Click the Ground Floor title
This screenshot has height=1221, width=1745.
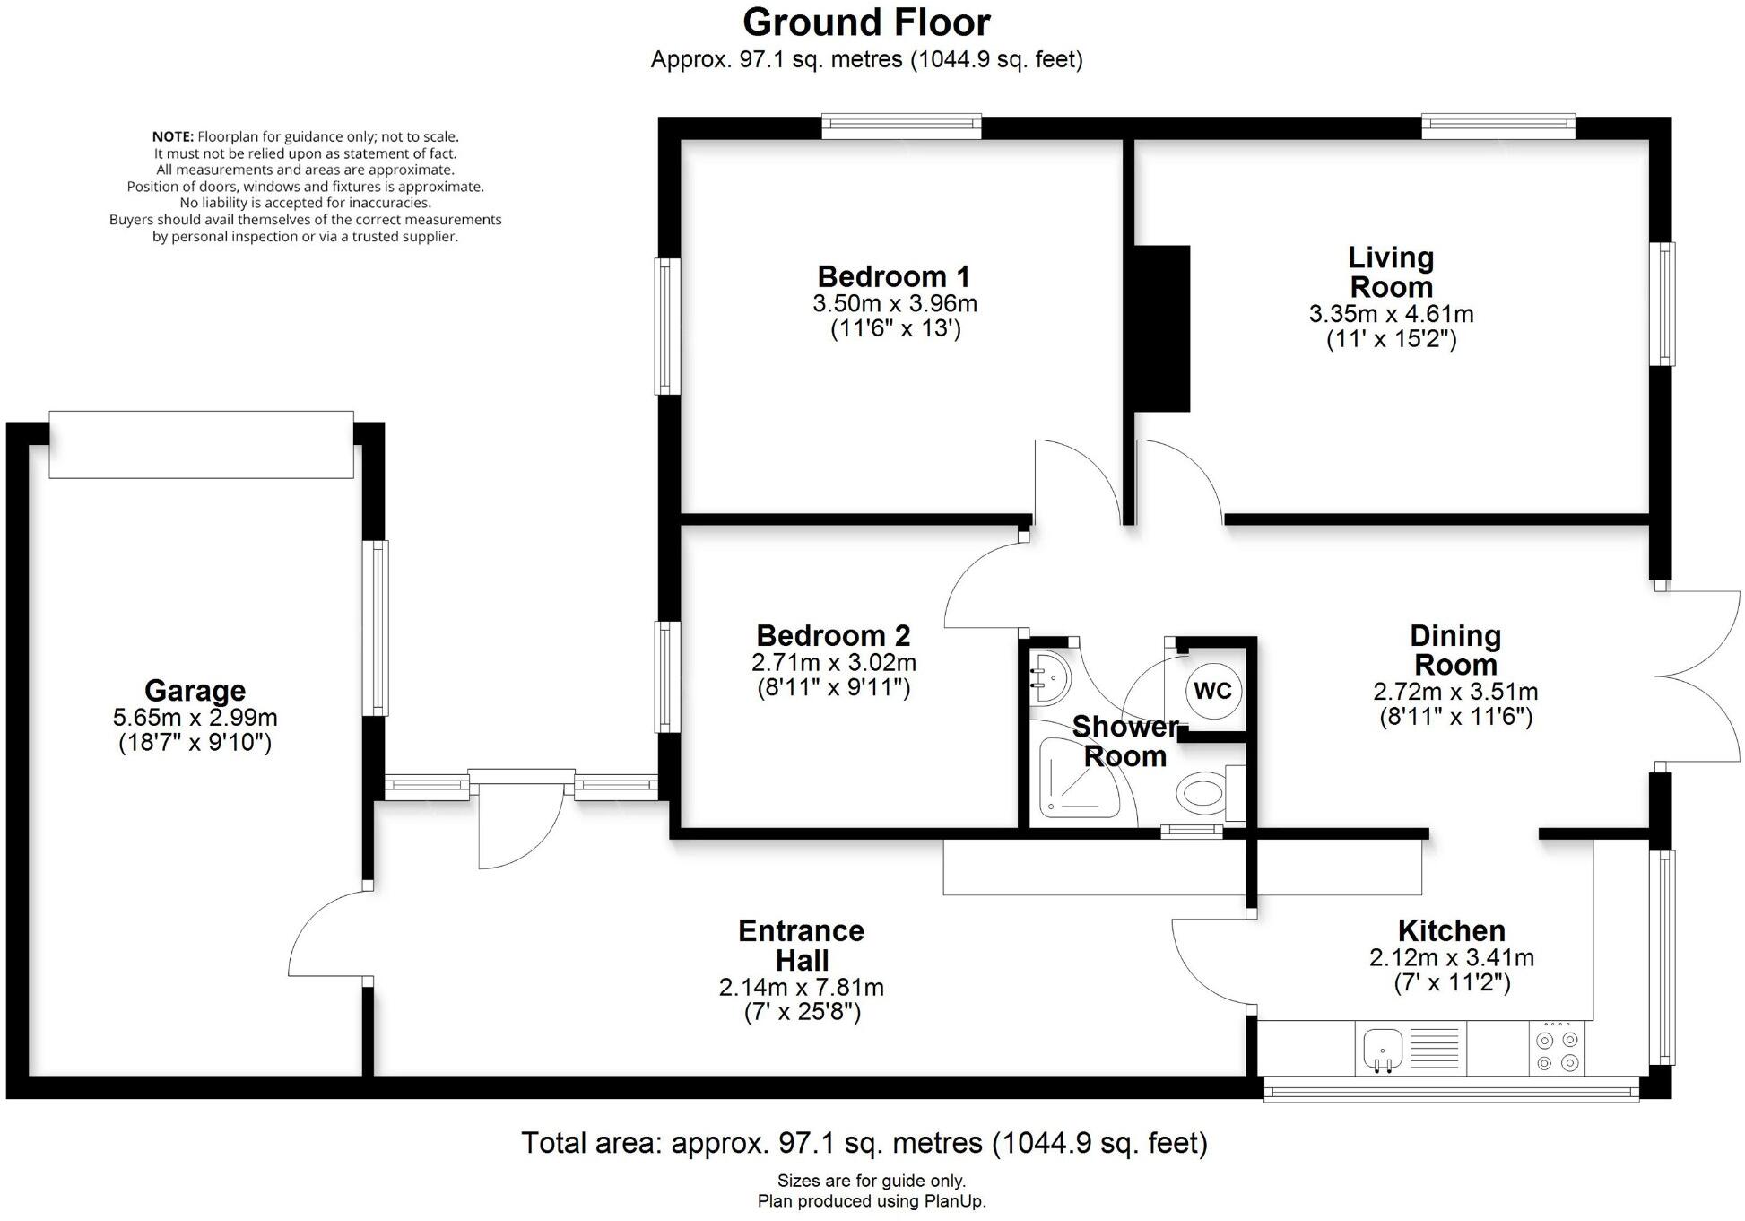[x=866, y=22]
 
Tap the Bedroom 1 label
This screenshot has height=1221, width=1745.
[x=893, y=275]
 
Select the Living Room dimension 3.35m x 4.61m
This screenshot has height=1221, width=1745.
[x=1391, y=314]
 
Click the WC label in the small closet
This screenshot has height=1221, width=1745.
[x=1212, y=691]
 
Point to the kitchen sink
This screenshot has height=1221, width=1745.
[x=1383, y=1049]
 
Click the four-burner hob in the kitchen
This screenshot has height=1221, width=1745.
[x=1557, y=1049]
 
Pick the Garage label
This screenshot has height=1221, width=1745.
[x=195, y=690]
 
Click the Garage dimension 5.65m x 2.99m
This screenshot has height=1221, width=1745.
[x=195, y=717]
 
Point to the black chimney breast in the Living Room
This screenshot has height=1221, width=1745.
[x=1162, y=328]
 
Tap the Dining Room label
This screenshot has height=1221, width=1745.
[x=1454, y=650]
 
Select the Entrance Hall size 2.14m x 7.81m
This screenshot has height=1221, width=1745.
[x=802, y=987]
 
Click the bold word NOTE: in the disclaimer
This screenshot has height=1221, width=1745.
[x=172, y=136]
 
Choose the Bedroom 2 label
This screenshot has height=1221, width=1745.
[x=833, y=635]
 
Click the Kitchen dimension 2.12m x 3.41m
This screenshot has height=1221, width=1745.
[x=1452, y=957]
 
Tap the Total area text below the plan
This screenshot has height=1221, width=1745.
[x=864, y=1142]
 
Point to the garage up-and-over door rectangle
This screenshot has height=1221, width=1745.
[x=201, y=445]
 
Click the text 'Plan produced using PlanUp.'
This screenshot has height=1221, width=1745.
[x=872, y=1201]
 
